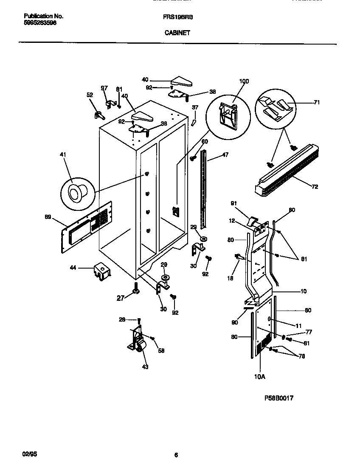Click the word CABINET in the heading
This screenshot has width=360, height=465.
[x=177, y=31]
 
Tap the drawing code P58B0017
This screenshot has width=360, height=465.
[x=279, y=398]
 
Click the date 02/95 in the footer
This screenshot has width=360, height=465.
[x=29, y=454]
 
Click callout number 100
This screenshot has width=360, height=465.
[x=244, y=81]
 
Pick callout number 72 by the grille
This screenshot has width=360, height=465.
[x=314, y=186]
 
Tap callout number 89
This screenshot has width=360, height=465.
[x=48, y=217]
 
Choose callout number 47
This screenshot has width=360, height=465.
[x=225, y=155]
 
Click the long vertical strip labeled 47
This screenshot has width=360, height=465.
[x=205, y=187]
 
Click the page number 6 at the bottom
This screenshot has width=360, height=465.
[x=176, y=455]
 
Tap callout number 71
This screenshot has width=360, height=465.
[x=316, y=102]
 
